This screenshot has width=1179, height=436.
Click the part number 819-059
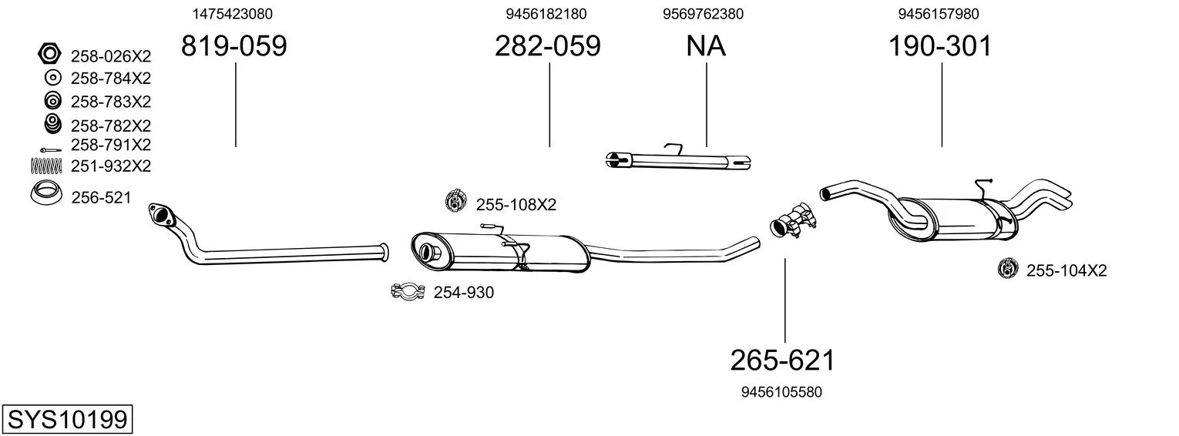point(234,45)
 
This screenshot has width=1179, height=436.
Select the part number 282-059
point(547,45)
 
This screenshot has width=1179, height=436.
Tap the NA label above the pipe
point(706,45)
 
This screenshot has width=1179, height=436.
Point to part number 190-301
point(940,45)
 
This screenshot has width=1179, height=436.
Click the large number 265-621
point(783,361)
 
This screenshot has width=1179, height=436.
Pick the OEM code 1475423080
point(232,14)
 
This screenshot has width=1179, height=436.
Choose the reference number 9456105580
point(781,392)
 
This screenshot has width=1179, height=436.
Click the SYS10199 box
point(67,420)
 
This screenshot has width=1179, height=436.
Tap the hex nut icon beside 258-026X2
point(49,54)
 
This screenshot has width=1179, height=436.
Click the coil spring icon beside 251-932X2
point(46,166)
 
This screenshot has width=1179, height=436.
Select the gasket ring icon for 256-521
point(45,193)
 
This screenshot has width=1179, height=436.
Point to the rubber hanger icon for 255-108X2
point(456,200)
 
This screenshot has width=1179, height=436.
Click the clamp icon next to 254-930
point(408,291)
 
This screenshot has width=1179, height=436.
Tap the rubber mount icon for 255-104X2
point(1008,269)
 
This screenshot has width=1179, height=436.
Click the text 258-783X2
point(111,102)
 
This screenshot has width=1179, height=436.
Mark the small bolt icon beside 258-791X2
point(50,150)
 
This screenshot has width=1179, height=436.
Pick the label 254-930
point(464,293)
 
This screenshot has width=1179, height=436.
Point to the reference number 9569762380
point(704,14)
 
